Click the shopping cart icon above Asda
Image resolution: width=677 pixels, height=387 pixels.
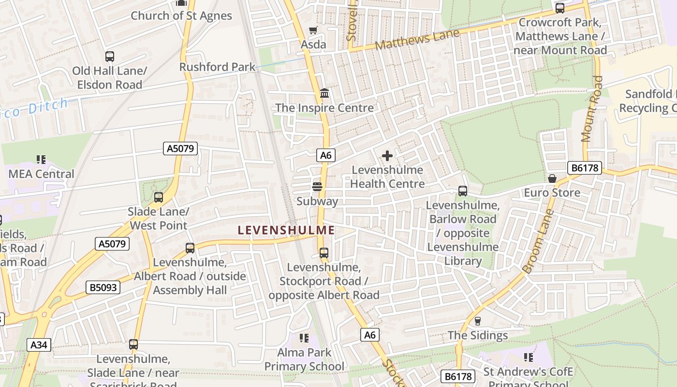[313, 30]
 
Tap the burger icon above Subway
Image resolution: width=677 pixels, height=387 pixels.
[317, 187]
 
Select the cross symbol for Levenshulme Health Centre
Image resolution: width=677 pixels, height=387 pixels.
[387, 156]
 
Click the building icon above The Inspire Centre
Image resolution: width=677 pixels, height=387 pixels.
[324, 93]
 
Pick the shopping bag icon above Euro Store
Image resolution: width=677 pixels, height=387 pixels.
[552, 179]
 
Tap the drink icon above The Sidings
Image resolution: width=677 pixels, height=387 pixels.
[478, 321]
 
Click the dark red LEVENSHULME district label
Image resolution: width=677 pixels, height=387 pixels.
[286, 230]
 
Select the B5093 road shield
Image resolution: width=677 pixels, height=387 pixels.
[103, 287]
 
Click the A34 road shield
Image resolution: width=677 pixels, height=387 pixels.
[39, 345]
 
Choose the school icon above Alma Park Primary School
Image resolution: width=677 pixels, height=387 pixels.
[304, 338]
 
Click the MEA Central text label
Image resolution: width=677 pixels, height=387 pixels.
[41, 174]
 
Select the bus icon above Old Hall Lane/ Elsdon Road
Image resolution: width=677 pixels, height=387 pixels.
[110, 57]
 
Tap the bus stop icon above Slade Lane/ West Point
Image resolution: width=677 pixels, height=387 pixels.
[159, 197]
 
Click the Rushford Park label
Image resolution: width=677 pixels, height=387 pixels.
[217, 67]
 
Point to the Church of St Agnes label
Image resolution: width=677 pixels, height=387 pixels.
[181, 15]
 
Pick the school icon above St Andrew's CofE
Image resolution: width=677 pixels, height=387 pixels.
[529, 357]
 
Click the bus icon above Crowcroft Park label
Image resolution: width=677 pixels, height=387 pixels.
[560, 8]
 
